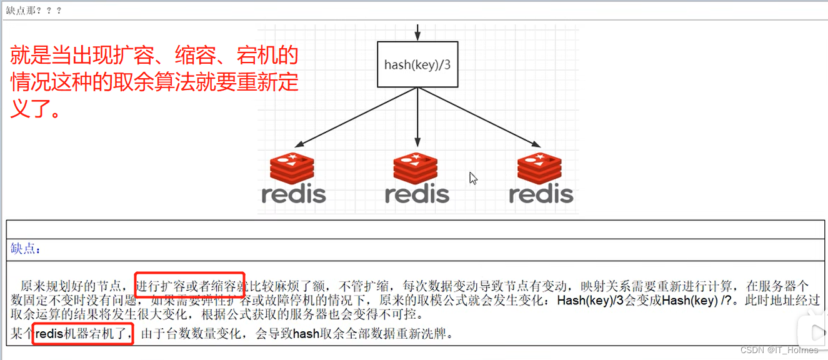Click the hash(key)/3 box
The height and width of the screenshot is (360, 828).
coord(417,64)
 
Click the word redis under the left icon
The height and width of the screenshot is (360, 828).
coord(294,194)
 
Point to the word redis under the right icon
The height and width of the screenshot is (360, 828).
coord(541,194)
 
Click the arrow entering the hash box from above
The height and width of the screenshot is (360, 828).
coord(417,32)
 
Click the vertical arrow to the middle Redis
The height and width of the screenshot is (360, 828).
coord(417,119)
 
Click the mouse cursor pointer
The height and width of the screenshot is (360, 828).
coord(473,178)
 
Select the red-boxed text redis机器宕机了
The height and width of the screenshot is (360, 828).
coord(82,334)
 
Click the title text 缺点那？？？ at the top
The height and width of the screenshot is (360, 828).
coord(34,11)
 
